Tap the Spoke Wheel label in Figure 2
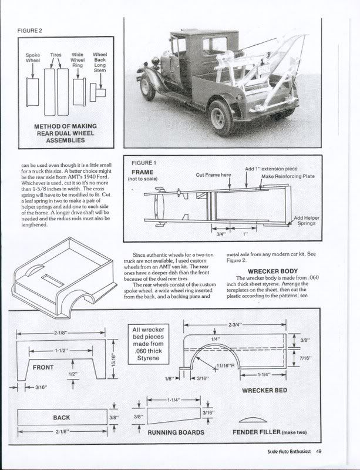point(33,58)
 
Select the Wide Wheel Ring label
point(78,59)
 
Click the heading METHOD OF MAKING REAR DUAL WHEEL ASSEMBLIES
point(65,133)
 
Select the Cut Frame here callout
point(214,175)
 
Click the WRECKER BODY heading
point(262,271)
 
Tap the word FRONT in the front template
point(43,367)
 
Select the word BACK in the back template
point(62,418)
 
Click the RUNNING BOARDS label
point(176,432)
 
